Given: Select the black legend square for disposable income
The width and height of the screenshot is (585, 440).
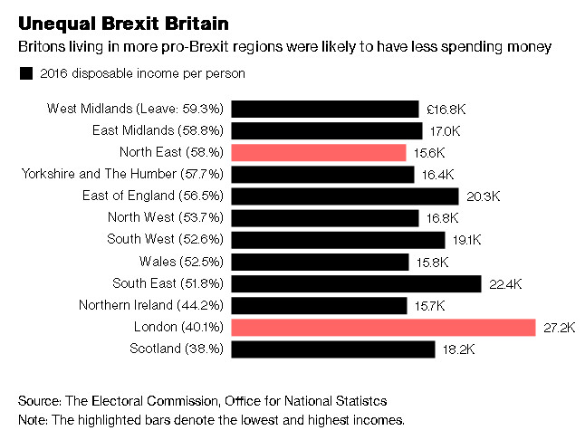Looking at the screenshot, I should point(25,73).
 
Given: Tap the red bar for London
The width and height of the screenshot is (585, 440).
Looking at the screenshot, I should point(383,327).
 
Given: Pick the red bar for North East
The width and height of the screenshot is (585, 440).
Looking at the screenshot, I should point(319,152).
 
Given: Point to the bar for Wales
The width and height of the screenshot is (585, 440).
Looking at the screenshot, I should point(321,262).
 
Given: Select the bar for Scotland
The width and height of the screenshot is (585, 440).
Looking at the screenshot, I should point(334,349).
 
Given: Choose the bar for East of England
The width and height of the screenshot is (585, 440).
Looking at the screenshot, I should point(345,196).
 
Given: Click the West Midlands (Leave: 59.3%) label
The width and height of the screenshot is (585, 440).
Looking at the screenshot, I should point(136,109).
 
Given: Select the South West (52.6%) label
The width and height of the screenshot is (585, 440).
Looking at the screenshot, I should point(166,240).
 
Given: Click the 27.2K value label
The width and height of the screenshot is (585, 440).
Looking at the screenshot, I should point(560,327).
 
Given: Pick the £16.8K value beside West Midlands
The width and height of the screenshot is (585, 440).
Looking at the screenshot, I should point(446,109).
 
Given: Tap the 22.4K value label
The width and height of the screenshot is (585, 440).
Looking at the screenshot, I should point(506,283).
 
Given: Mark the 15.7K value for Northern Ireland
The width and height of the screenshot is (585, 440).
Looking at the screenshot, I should point(431,305).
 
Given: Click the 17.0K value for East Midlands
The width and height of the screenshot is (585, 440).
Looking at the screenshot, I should point(446,130).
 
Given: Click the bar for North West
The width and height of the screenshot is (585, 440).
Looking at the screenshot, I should point(325,217).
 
